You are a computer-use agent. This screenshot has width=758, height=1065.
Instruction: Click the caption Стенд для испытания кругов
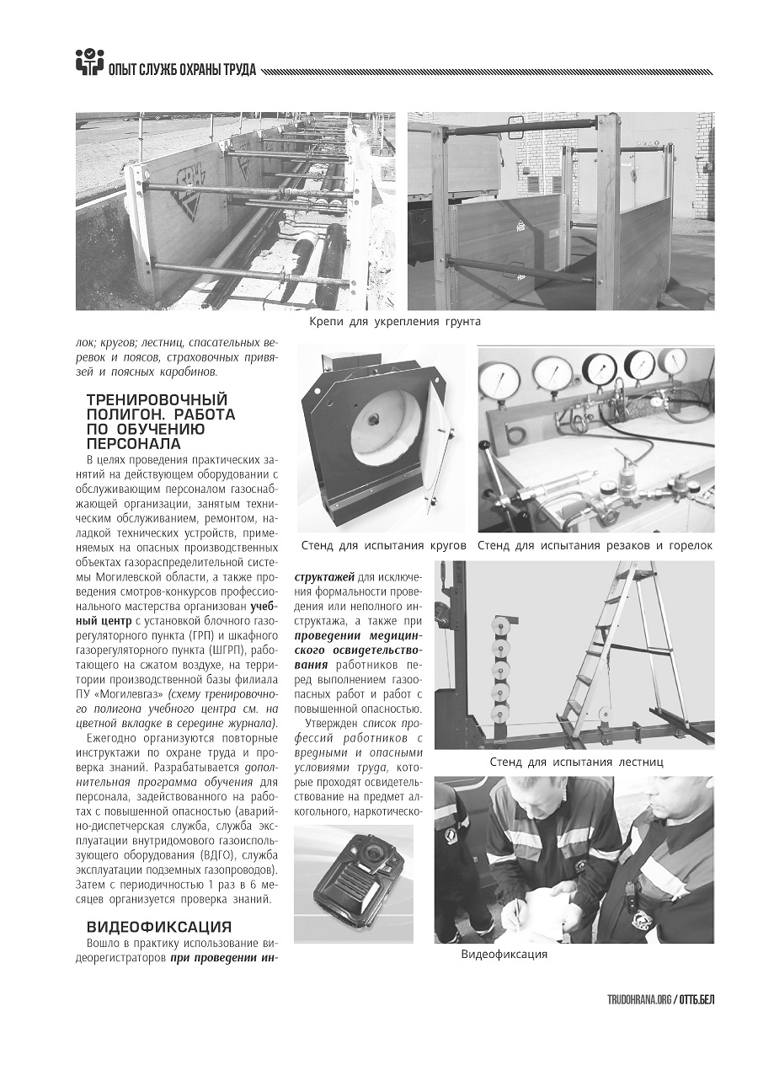383,546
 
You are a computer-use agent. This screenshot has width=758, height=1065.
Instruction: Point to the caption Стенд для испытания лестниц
577,762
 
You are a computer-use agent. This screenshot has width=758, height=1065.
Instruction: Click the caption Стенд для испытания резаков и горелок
595,546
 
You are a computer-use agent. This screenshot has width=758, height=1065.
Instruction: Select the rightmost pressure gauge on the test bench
671,362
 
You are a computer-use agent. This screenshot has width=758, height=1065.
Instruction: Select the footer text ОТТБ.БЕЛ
697,999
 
